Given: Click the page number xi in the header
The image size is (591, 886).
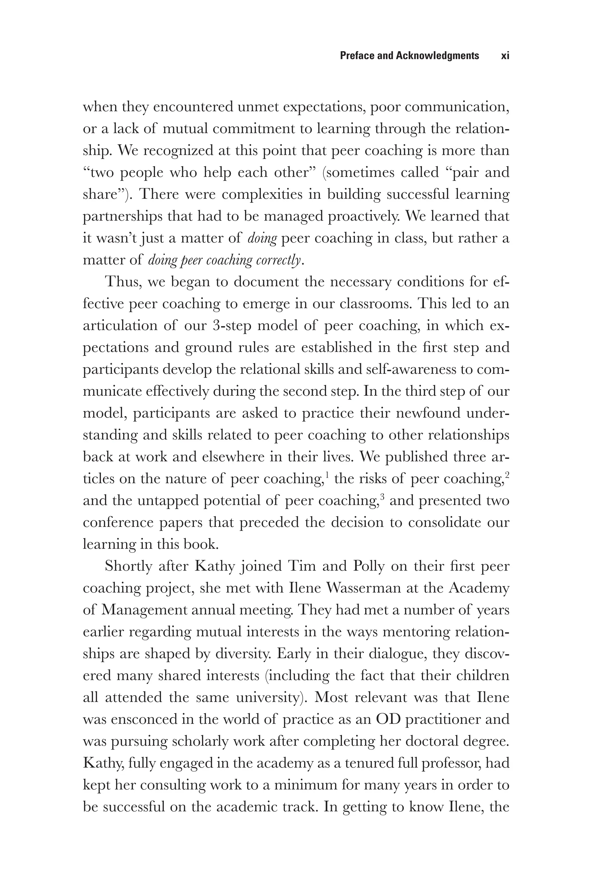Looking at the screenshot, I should coord(505,56).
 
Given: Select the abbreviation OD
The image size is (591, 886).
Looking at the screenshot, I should coord(388,719).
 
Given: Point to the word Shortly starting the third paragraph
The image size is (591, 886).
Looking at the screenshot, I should coord(128,566).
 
